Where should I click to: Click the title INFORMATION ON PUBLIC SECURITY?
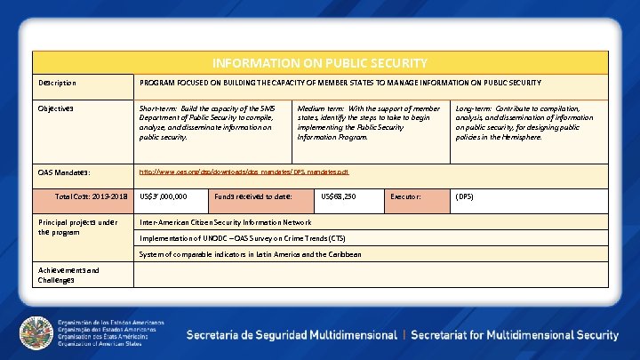point(320,63)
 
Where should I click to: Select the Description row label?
point(57,84)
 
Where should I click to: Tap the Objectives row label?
point(55,108)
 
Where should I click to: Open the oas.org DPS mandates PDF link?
point(244,172)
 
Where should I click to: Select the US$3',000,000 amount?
point(164,196)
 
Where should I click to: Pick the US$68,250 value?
point(339,196)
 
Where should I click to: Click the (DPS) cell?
point(464,196)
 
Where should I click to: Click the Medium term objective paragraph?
point(369,123)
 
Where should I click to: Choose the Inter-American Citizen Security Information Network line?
point(226,222)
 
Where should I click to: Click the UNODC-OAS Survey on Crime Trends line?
point(243,238)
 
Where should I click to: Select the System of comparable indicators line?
point(251,254)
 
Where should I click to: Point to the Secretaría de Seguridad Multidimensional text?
point(291,335)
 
